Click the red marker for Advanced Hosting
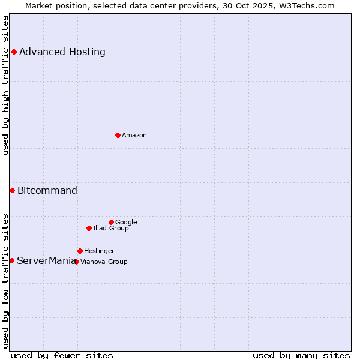tap(14, 52)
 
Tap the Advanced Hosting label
tap(62, 52)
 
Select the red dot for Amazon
tap(118, 135)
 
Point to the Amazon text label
tap(134, 136)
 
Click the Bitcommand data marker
tap(12, 190)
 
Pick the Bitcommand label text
tap(47, 191)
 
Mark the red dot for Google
tap(111, 222)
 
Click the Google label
tap(126, 223)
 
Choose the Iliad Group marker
tap(89, 228)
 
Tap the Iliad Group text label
tap(111, 229)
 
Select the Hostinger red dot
tap(80, 251)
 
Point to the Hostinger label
tap(99, 251)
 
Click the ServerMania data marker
tap(11, 260)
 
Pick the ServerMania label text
tap(46, 261)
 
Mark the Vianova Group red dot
tap(76, 262)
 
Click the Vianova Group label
tap(104, 262)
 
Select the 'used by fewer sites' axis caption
tap(62, 355)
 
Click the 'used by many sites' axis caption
tap(301, 355)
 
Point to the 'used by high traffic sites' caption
tap(5, 85)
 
